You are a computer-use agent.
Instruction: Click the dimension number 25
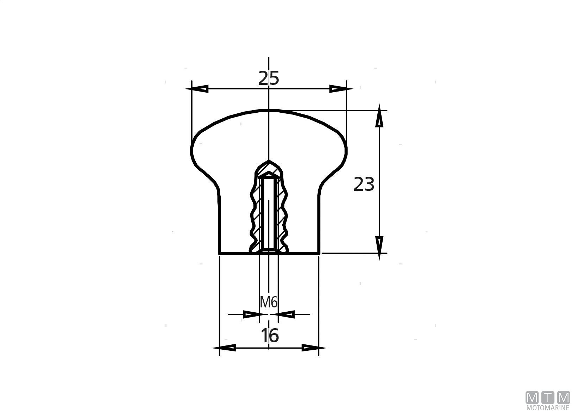(x=268, y=78)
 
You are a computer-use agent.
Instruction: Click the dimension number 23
(x=364, y=184)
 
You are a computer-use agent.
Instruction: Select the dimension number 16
(x=270, y=336)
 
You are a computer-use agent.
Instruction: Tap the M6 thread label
(x=268, y=302)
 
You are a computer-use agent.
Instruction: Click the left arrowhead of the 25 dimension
(x=197, y=89)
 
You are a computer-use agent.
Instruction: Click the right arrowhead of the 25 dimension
(x=341, y=89)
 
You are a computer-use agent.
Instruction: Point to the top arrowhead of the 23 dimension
(x=379, y=116)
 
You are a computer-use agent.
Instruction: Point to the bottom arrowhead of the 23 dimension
(x=379, y=248)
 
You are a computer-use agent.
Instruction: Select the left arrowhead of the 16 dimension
(x=224, y=348)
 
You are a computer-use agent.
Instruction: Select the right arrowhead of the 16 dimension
(x=314, y=348)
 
